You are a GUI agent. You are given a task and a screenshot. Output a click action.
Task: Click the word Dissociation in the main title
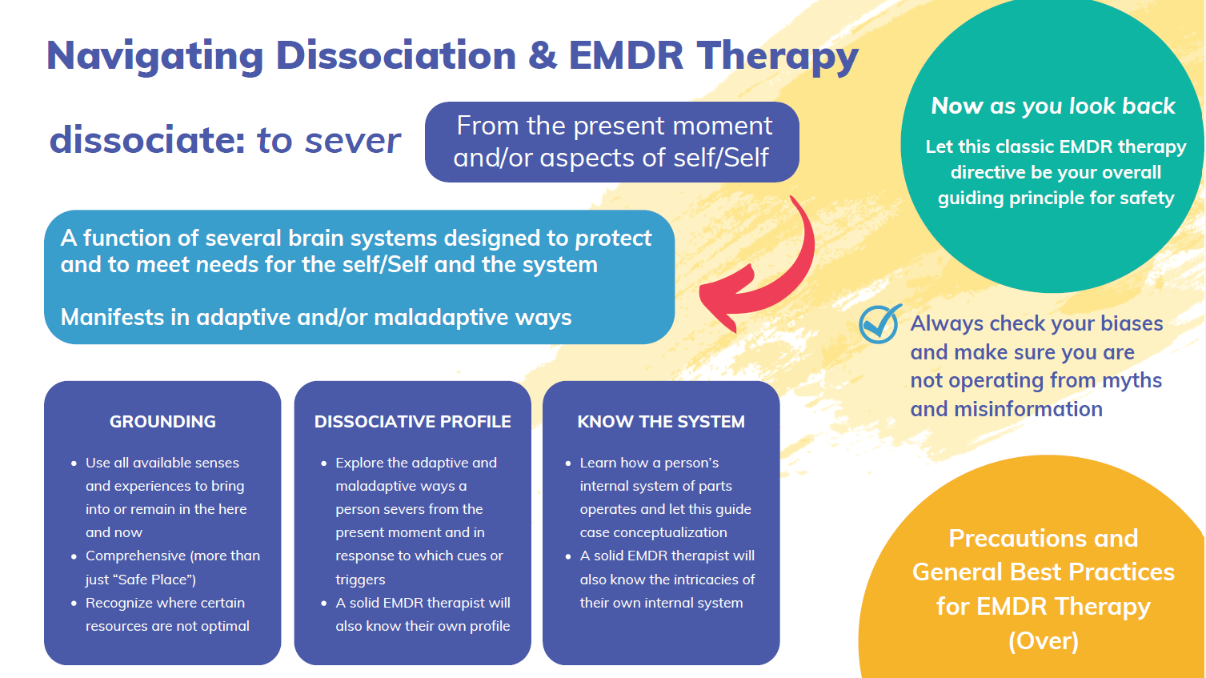coord(395,56)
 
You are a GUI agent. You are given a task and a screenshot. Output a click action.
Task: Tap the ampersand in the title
coord(542,56)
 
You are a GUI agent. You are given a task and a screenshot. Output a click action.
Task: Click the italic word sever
coord(352,141)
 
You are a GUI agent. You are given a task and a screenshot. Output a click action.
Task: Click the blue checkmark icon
coord(879,324)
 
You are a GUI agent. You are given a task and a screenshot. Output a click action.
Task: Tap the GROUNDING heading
coord(162,422)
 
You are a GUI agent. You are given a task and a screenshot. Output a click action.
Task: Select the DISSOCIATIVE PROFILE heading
coord(412,422)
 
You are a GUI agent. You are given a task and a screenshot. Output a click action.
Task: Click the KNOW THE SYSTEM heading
coord(661,422)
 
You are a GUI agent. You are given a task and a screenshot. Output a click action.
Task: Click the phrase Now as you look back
coord(1053,106)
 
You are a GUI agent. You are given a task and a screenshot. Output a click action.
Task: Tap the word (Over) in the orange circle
coord(1043,641)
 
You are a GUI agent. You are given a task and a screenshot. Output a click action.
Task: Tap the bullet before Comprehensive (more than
coord(74,556)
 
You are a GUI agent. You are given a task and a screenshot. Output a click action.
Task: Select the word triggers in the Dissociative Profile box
coord(360,580)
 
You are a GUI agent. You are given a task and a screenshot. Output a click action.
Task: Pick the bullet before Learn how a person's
coord(567,463)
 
